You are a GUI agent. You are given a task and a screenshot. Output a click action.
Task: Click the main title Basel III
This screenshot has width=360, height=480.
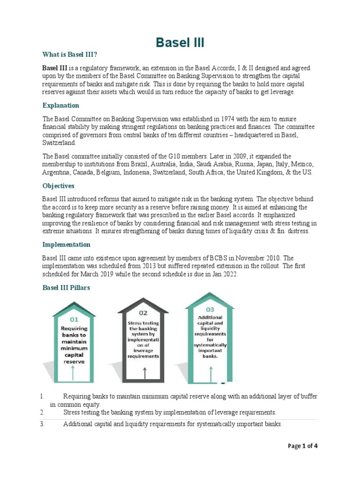[x=180, y=44]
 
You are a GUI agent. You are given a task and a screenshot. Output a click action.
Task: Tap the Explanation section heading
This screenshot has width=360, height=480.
[x=61, y=105]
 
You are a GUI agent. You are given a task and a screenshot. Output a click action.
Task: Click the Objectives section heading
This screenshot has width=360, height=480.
[x=59, y=186]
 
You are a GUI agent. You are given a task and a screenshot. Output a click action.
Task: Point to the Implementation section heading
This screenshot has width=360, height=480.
[x=67, y=245]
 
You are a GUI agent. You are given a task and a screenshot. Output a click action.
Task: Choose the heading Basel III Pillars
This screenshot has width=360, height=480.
[x=66, y=288]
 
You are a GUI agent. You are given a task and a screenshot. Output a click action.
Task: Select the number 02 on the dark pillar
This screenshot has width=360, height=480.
[x=143, y=312]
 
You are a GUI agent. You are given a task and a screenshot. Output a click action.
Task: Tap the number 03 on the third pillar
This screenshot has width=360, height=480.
[x=210, y=309]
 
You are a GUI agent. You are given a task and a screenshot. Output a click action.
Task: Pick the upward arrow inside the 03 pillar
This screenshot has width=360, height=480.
[x=210, y=373]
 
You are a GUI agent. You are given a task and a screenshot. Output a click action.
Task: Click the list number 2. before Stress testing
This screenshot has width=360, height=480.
[x=42, y=412]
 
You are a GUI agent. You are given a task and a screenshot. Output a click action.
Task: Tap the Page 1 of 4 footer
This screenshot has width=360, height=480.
[x=302, y=446]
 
